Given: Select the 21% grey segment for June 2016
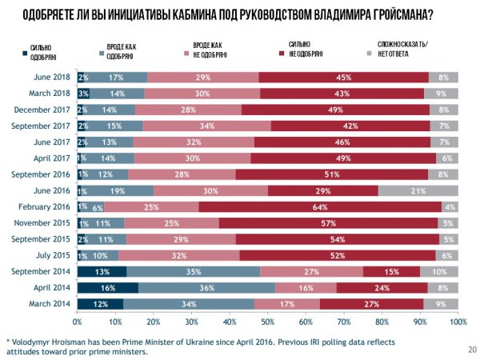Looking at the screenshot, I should (418, 190).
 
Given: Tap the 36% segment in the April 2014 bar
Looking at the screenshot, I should (206, 287).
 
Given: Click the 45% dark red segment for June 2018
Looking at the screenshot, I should (344, 77).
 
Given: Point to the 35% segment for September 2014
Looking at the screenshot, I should (193, 271).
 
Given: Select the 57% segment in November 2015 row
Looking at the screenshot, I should (328, 222).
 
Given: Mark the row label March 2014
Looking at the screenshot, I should (49, 304).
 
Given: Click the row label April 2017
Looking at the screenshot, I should (51, 158).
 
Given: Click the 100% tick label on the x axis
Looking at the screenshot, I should (457, 322).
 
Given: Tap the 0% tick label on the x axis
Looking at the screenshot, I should (78, 322).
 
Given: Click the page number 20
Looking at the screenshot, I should (470, 350).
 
